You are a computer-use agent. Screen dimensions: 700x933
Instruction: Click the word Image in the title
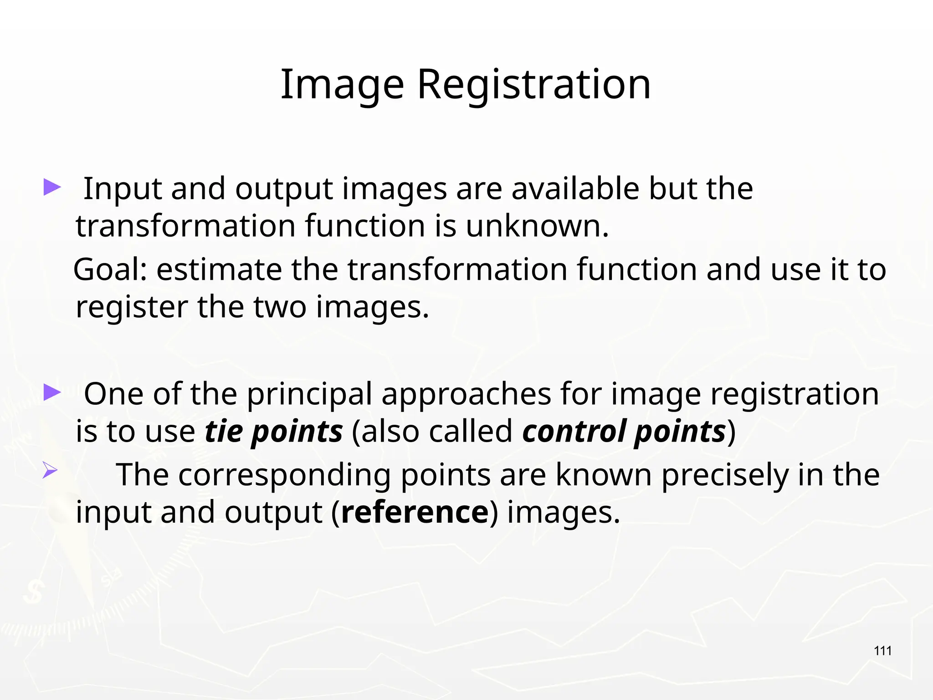tap(342, 85)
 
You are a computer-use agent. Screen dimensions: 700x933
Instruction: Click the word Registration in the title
tap(534, 85)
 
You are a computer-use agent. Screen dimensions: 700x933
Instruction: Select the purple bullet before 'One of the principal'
tap(52, 392)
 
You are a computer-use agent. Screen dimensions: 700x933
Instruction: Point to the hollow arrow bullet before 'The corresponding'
tap(50, 470)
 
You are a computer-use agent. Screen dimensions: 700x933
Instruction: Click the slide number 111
tap(883, 651)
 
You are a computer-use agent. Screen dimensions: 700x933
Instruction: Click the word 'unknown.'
tap(537, 226)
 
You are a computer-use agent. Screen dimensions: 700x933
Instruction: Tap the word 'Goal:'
tap(110, 270)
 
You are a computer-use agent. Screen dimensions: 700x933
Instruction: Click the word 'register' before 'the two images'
tap(132, 307)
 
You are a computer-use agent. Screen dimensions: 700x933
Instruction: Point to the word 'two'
tap(280, 307)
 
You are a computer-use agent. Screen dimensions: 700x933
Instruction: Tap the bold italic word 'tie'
tap(223, 431)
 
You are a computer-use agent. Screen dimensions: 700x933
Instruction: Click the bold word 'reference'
tap(415, 513)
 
